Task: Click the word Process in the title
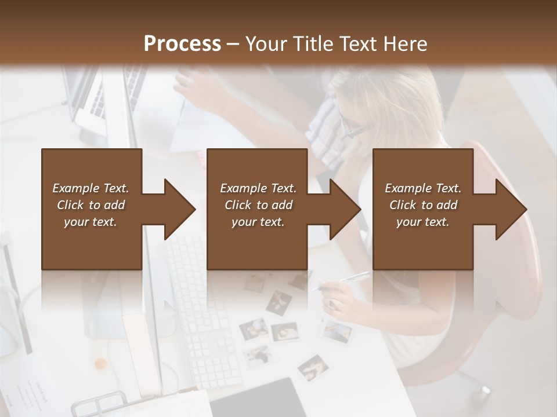pos(182,44)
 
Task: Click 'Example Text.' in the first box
pos(91,188)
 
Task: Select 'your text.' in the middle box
pos(258,222)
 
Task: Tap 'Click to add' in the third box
pos(423,205)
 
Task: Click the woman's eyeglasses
pos(354,126)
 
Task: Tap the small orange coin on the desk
pos(101,364)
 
